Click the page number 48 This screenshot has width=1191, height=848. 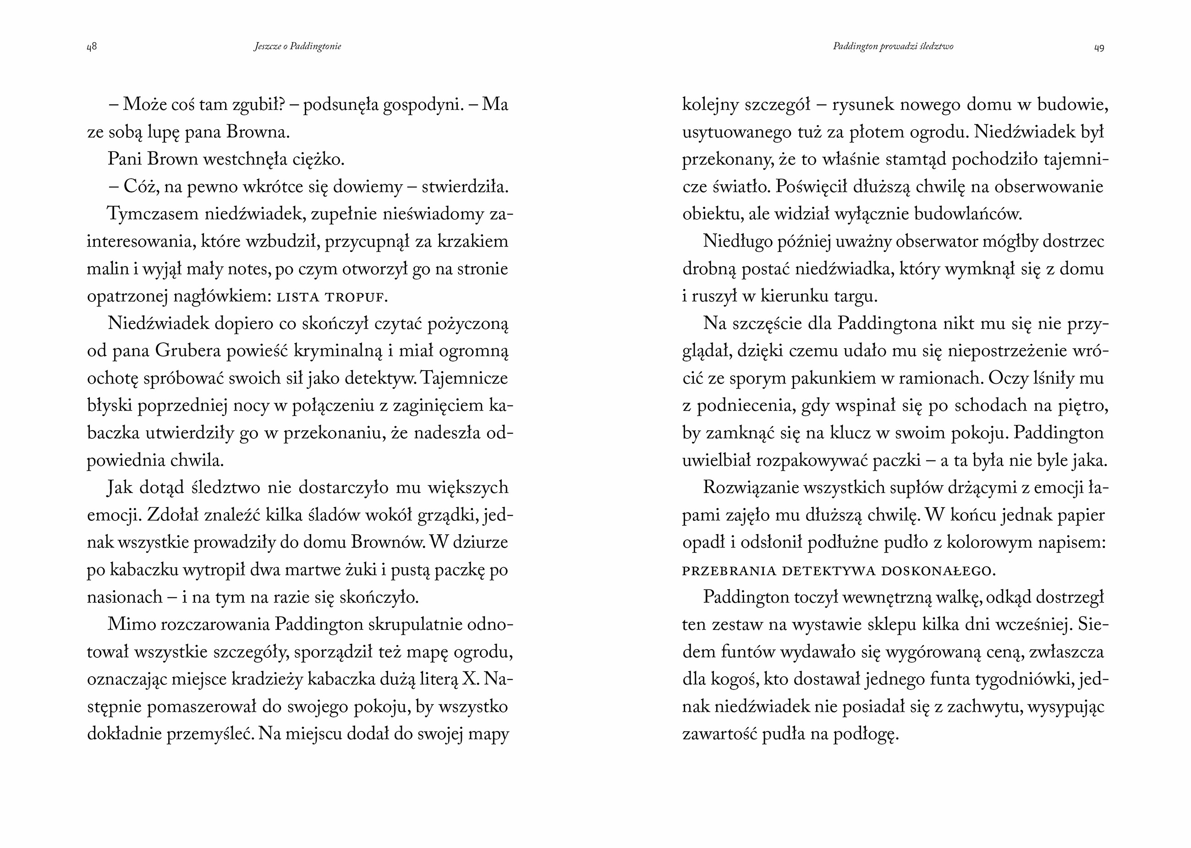[91, 47]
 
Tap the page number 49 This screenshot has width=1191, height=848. [1099, 48]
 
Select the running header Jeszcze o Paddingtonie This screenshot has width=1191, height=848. [297, 46]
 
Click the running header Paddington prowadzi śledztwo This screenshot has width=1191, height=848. [893, 46]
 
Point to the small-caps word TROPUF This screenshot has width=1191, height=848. [356, 297]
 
